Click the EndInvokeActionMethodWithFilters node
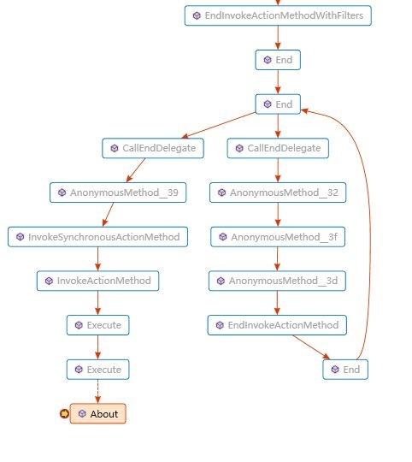click(278, 15)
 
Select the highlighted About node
click(97, 414)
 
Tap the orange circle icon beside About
click(64, 414)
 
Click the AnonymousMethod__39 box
click(118, 192)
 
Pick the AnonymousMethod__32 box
click(278, 192)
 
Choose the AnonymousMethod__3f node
click(278, 237)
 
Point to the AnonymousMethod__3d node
click(277, 281)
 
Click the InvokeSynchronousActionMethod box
click(97, 237)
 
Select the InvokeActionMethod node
click(97, 281)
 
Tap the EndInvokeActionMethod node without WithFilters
click(277, 325)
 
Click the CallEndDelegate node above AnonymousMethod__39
click(153, 148)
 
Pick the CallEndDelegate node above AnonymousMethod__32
click(278, 148)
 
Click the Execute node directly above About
click(97, 370)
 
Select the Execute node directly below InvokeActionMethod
click(97, 325)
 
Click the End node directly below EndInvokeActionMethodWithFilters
click(278, 60)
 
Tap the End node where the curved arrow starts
click(345, 370)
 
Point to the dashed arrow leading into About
click(97, 391)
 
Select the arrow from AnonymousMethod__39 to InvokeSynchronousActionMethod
click(108, 215)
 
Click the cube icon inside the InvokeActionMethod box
click(49, 281)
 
